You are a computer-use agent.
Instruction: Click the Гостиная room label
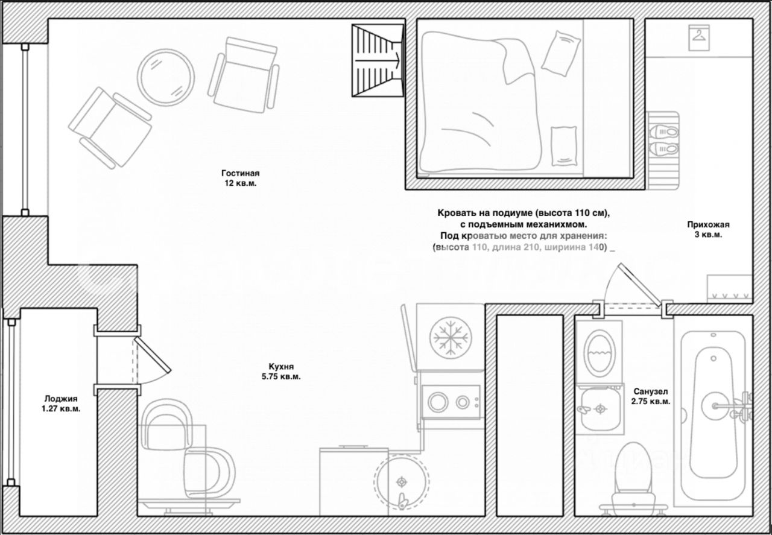click(240, 174)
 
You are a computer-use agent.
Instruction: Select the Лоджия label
click(61, 398)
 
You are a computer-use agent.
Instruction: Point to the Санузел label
click(650, 391)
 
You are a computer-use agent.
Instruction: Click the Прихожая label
click(704, 225)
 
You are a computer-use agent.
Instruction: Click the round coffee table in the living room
click(165, 77)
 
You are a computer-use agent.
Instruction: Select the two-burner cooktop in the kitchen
click(450, 401)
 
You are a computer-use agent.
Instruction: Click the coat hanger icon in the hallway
click(699, 36)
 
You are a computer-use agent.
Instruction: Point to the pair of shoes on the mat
click(663, 139)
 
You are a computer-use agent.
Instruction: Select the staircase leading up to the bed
click(378, 60)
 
